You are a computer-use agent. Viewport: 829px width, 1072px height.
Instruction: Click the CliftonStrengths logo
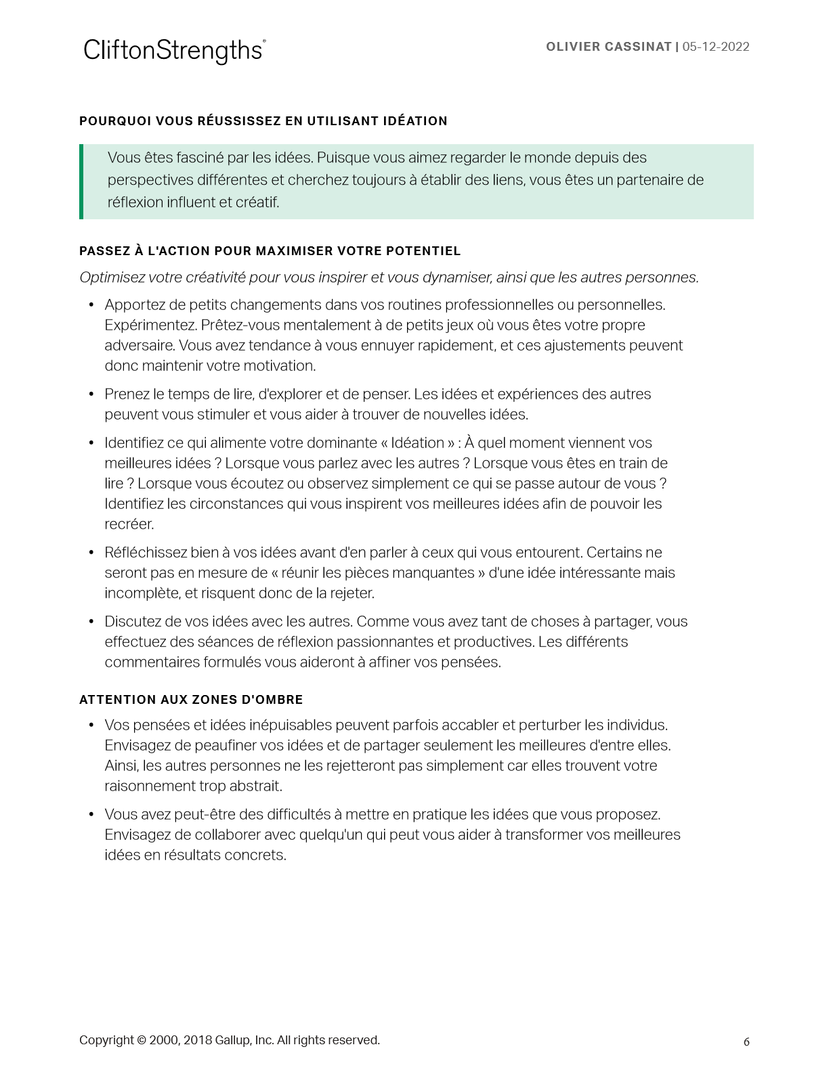174,51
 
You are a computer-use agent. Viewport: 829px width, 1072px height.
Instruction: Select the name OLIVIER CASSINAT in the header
608,47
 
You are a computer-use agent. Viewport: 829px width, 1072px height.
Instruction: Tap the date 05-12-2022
716,47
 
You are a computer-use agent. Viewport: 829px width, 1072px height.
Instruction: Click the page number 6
746,1042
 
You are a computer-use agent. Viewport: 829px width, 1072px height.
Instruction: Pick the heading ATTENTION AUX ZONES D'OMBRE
191,700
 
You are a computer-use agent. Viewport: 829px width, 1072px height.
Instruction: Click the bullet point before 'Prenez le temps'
91,394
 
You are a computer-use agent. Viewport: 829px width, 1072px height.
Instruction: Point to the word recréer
129,524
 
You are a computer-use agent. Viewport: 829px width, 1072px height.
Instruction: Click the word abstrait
256,786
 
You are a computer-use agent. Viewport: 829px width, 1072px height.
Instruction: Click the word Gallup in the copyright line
232,1040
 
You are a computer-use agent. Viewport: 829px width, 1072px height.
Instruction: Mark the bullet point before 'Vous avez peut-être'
91,814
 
